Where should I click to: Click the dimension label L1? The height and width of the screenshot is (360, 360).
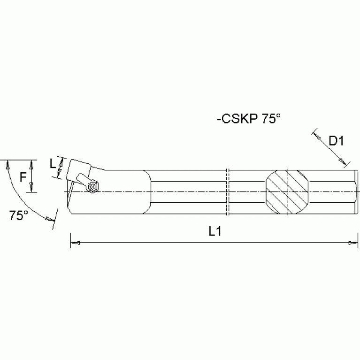[x=215, y=232]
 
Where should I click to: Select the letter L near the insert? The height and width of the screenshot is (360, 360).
[x=53, y=164]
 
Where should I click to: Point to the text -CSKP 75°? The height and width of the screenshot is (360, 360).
[x=248, y=119]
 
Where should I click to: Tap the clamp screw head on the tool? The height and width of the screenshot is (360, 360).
[x=93, y=187]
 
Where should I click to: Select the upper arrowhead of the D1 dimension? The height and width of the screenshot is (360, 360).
[x=316, y=137]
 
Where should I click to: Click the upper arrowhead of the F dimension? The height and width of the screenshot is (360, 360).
[x=31, y=165]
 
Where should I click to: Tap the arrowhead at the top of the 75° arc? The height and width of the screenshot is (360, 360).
[x=7, y=164]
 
